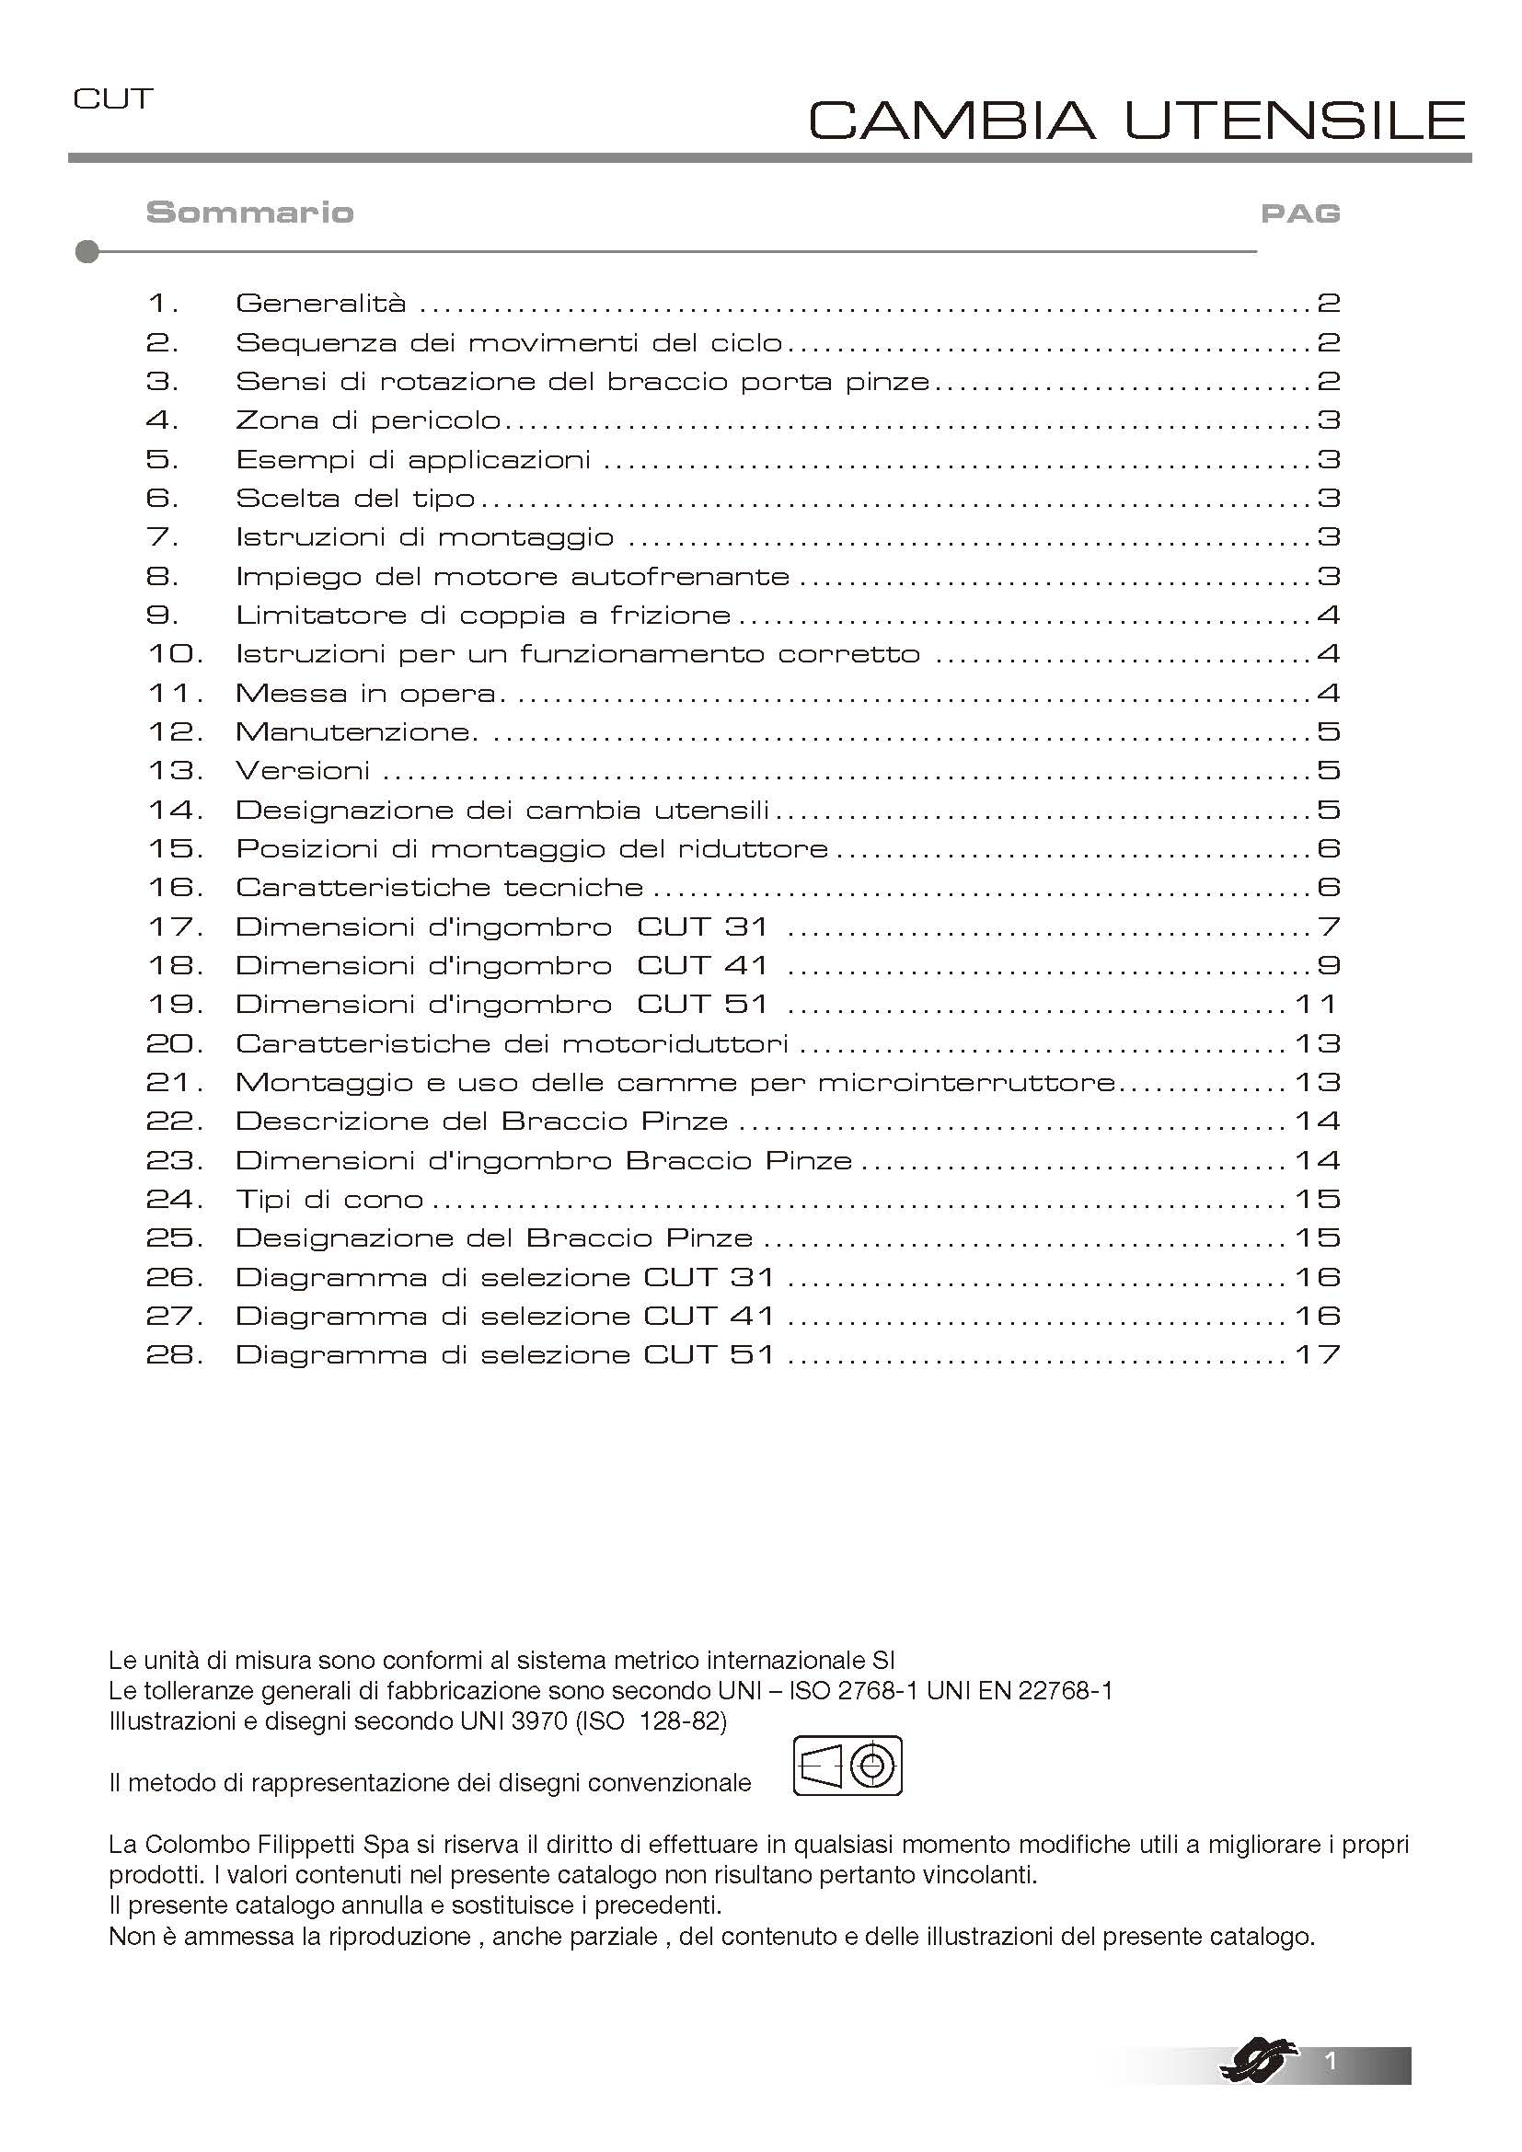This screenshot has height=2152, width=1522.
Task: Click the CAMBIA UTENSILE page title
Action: pos(1136,120)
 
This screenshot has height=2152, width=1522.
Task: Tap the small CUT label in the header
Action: pos(112,99)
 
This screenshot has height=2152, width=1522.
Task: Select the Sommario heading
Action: pos(249,213)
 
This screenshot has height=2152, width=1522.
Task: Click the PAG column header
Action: pos(1300,213)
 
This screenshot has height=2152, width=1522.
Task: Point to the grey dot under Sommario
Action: pos(87,252)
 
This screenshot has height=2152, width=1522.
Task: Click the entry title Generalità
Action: pos(320,304)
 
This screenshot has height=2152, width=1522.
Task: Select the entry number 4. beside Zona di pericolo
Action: pos(161,420)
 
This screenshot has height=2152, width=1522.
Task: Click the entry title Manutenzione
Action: pos(356,732)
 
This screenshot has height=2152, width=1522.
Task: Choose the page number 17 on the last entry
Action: pos(1317,1355)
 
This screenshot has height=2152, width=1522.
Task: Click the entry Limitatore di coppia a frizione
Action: pos(483,616)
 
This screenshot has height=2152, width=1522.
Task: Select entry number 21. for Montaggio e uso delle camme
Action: pos(174,1083)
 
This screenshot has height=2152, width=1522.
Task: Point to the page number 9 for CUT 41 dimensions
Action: pos(1328,965)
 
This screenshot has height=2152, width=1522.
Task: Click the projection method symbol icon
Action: pos(847,1766)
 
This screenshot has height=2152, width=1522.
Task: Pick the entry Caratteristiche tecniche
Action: pos(439,888)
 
